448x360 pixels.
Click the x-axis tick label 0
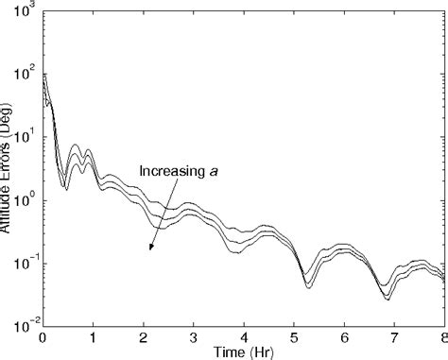point(43,336)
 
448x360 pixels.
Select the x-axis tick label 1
point(93,336)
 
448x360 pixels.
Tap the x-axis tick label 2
point(143,336)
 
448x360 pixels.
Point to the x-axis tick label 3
point(193,336)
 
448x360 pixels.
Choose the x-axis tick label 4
point(244,336)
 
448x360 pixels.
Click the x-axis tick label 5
point(294,336)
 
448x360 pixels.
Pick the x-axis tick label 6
point(344,336)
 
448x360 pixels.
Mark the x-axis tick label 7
point(394,336)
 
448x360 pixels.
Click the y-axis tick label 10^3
point(26,10)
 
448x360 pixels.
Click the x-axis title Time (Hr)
point(244,351)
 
